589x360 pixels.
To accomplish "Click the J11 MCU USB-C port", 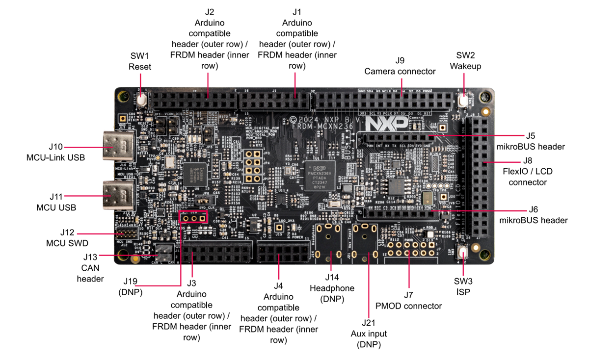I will click(118, 195).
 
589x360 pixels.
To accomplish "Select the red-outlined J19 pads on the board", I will click(194, 217).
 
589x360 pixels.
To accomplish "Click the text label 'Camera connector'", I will click(400, 72).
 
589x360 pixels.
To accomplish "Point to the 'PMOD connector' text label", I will click(408, 306).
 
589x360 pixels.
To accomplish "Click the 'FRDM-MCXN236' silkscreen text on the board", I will click(314, 126).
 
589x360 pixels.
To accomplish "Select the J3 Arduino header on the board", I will click(217, 253).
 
